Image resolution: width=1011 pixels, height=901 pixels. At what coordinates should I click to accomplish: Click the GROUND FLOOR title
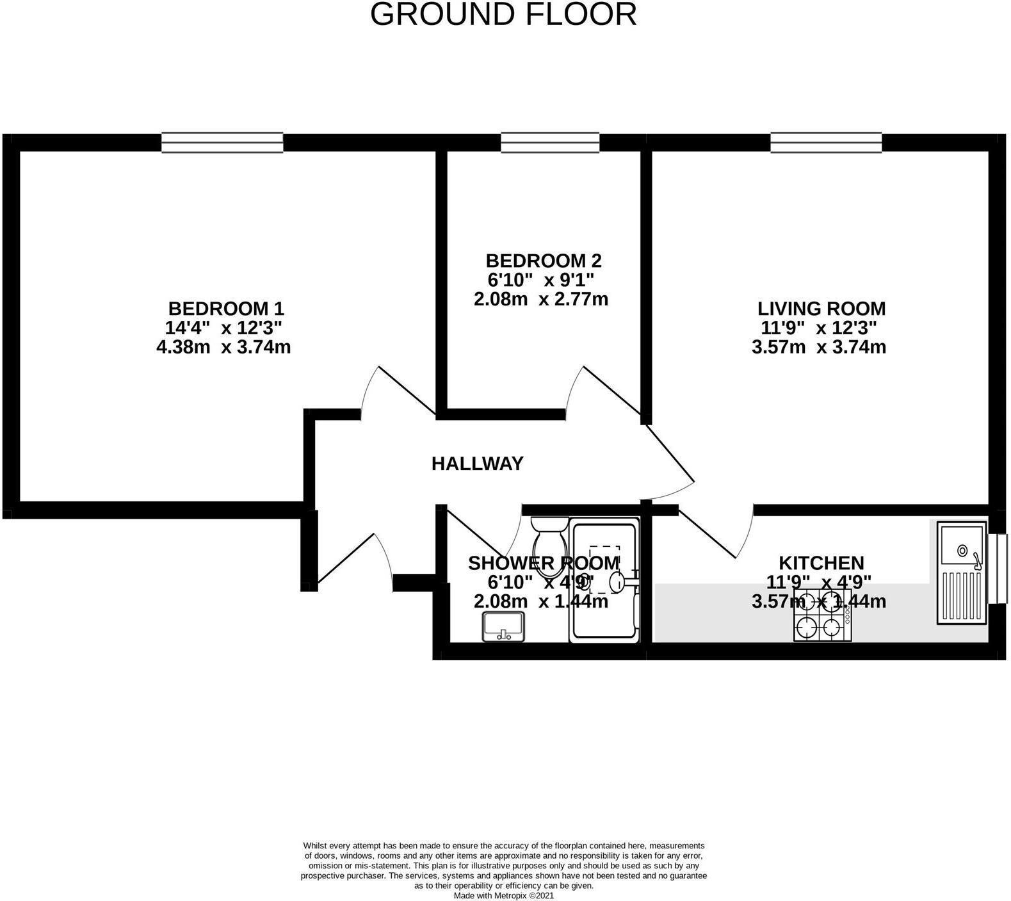coord(503,14)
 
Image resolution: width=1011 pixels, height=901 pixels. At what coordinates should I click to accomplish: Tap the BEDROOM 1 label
coord(225,309)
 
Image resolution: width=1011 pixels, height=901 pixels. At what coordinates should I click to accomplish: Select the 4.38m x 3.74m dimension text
coord(223,347)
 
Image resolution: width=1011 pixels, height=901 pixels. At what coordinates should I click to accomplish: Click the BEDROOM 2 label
coord(544,261)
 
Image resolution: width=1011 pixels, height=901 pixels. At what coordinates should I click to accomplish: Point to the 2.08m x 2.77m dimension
coord(541,299)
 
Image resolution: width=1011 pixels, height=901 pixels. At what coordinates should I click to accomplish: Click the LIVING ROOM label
coord(821,309)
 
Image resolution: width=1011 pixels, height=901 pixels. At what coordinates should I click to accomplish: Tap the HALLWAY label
coord(478,463)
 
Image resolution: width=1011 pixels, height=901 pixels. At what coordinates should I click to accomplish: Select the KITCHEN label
coord(821,563)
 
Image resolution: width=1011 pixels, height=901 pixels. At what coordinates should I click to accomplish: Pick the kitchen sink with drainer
coord(962,572)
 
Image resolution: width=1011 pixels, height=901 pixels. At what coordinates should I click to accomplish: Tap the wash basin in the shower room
coord(503,626)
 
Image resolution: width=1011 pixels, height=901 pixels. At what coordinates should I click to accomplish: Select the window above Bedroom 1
coord(222,142)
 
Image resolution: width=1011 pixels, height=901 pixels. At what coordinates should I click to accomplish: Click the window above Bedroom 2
coord(550,142)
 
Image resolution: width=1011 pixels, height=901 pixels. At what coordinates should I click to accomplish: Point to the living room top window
coord(826,142)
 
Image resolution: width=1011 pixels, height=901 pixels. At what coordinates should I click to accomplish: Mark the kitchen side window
coord(998,569)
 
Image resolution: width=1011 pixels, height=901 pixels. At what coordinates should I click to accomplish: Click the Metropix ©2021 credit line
coord(503,895)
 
